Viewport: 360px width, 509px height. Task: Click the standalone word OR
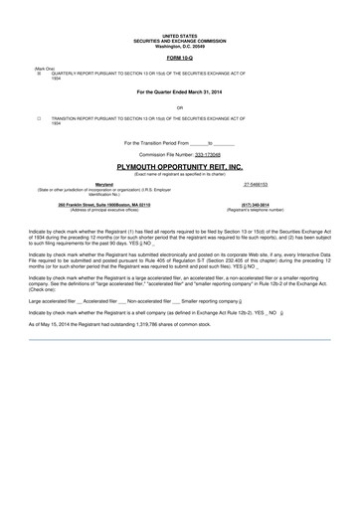(x=179, y=106)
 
